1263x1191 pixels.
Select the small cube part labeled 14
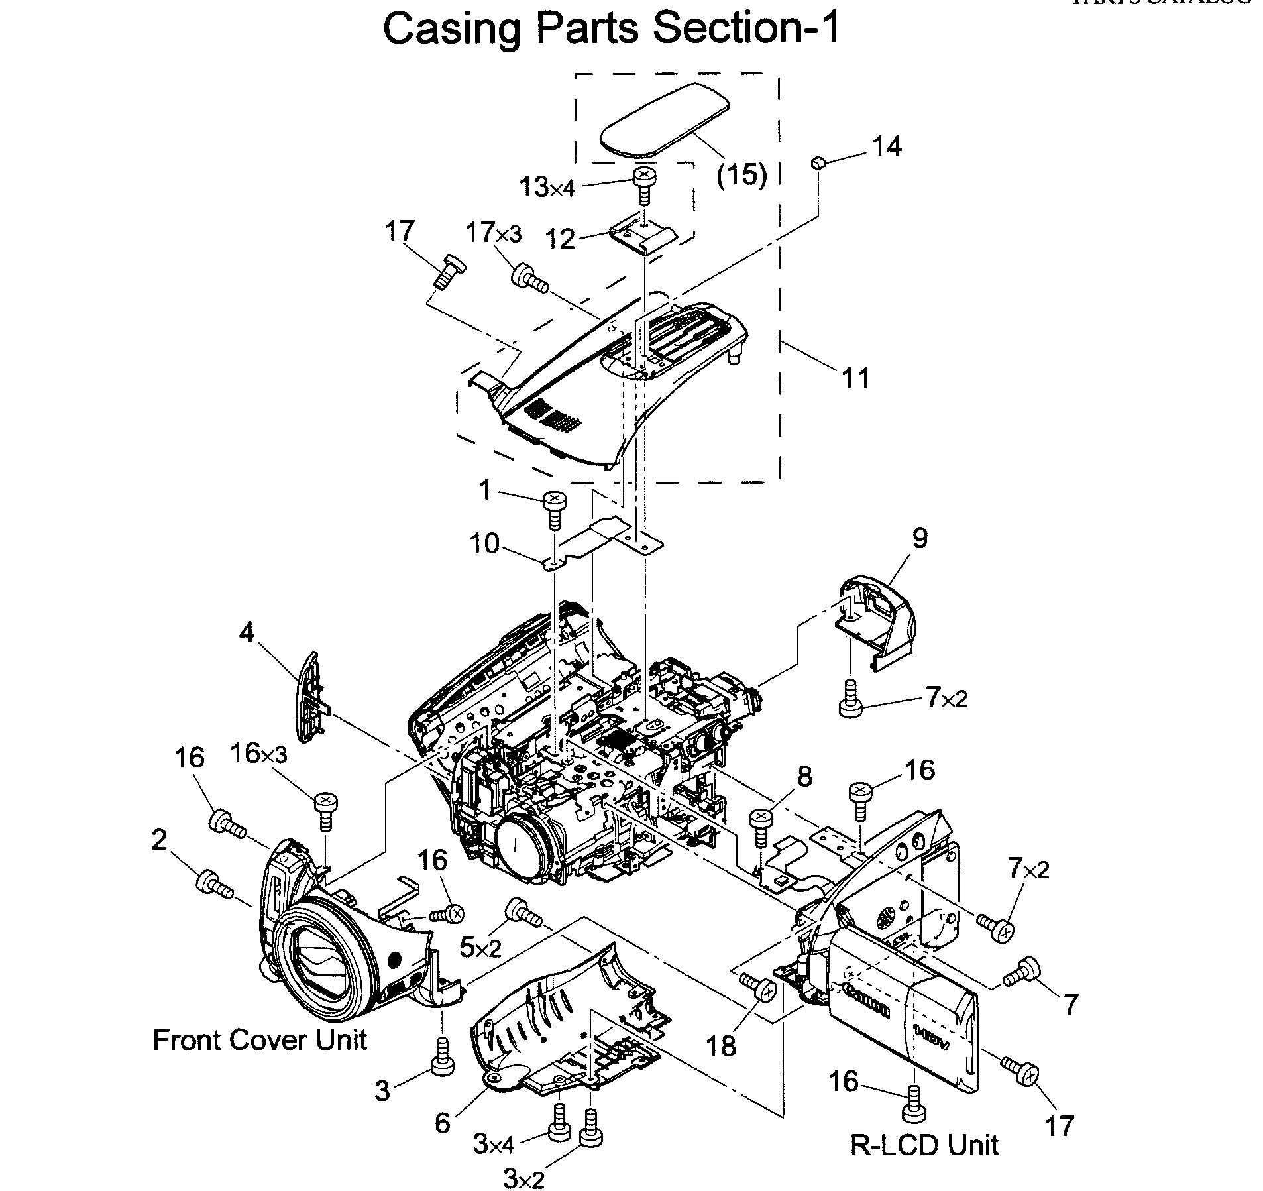[818, 162]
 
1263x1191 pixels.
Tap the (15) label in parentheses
[741, 176]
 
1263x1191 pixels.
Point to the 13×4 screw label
[547, 188]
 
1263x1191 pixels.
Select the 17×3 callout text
[493, 233]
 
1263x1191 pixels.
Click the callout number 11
[855, 378]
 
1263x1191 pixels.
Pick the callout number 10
[484, 543]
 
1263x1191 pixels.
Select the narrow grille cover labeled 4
[309, 696]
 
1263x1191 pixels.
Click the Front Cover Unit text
[260, 1039]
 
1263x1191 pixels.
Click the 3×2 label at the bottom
[523, 1178]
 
